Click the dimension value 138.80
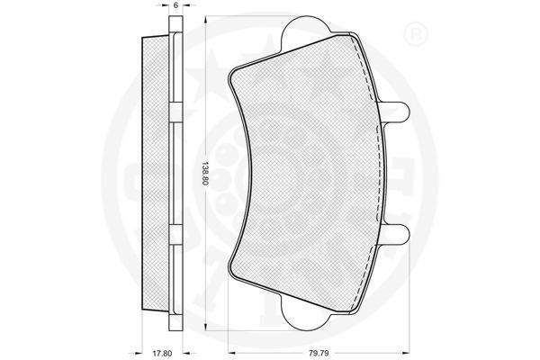pyautogui.click(x=205, y=174)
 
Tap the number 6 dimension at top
pyautogui.click(x=175, y=5)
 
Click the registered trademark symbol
pyautogui.click(x=415, y=35)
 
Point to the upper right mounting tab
pyautogui.click(x=395, y=112)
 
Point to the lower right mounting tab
pyautogui.click(x=395, y=235)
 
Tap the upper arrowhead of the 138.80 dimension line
pyautogui.click(x=205, y=20)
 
